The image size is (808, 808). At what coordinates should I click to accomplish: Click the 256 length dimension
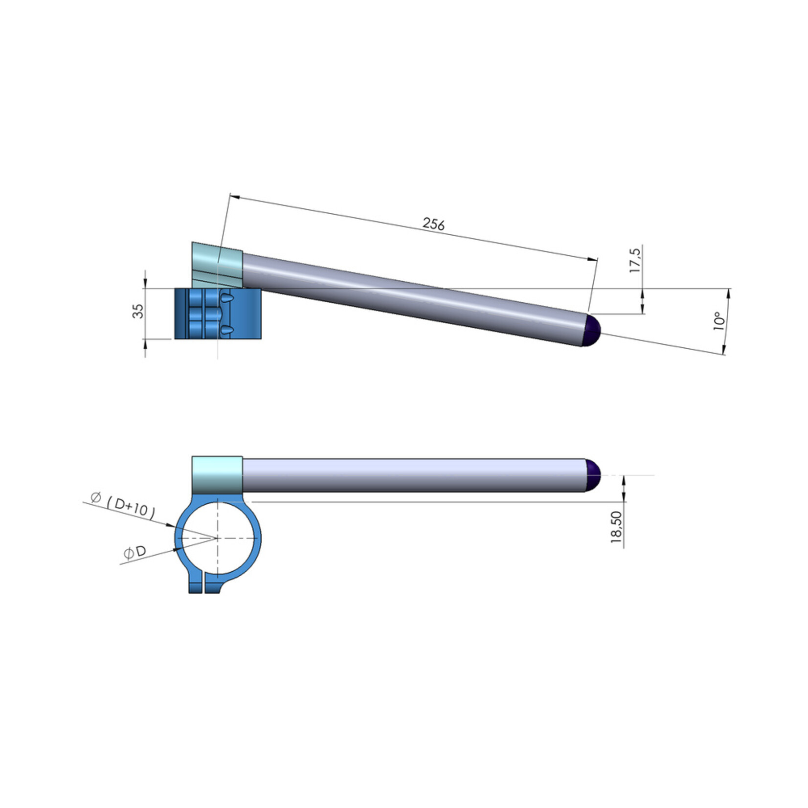434,224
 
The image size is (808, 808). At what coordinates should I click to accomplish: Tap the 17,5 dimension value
635,260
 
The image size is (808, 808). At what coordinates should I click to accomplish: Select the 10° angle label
718,321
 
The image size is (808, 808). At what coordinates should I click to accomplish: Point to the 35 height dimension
139,311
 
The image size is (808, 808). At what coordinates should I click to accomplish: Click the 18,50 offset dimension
616,527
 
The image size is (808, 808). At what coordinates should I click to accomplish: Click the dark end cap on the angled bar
592,330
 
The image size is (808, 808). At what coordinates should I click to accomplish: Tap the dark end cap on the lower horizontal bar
593,475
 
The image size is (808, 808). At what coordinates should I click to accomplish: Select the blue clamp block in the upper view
218,314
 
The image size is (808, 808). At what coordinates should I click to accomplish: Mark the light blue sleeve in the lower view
217,475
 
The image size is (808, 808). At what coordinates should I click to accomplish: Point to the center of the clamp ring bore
217,538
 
